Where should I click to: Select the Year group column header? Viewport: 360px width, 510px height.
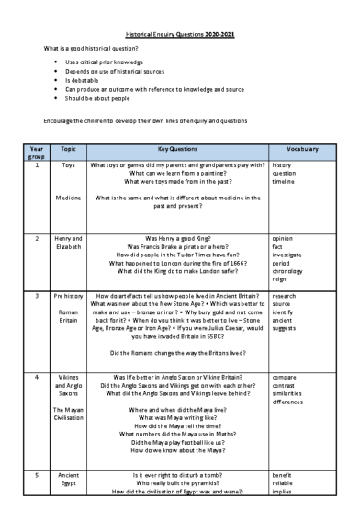(x=37, y=152)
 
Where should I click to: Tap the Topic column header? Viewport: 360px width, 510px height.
(x=68, y=148)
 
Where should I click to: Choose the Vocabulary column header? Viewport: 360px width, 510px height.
(x=303, y=148)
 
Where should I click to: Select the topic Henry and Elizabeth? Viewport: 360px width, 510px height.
(x=68, y=243)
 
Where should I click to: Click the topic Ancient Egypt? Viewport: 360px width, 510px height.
(x=68, y=479)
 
